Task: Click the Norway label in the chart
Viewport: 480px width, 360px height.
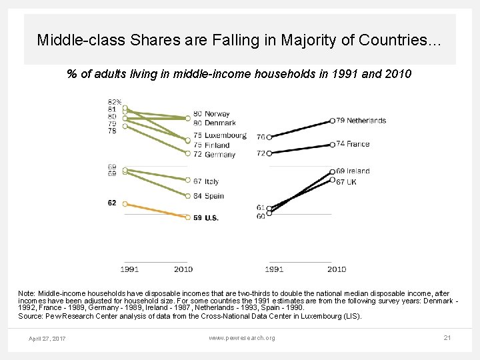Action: pyautogui.click(x=217, y=114)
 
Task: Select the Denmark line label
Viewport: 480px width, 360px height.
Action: pyautogui.click(x=220, y=123)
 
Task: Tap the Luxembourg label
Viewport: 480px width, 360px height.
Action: pyautogui.click(x=225, y=135)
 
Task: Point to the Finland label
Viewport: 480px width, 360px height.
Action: pyautogui.click(x=217, y=145)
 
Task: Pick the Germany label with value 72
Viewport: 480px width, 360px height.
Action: pyautogui.click(x=219, y=155)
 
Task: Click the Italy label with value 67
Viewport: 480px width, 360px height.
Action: pyautogui.click(x=211, y=181)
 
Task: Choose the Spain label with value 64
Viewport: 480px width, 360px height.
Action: pyautogui.click(x=214, y=196)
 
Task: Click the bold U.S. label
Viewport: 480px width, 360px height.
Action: pyautogui.click(x=211, y=217)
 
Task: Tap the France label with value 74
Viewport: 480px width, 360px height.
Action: pyautogui.click(x=359, y=143)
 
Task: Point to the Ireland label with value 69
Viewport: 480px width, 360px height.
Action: pyautogui.click(x=358, y=171)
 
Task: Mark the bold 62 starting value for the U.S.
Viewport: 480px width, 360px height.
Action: pyautogui.click(x=112, y=203)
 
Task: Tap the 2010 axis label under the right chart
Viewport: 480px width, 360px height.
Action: pyautogui.click(x=336, y=269)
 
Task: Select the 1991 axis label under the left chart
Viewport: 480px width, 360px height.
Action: pyautogui.click(x=129, y=269)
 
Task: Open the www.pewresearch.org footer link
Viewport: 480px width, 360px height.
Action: pyautogui.click(x=241, y=338)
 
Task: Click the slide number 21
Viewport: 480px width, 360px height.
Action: pyautogui.click(x=447, y=338)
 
